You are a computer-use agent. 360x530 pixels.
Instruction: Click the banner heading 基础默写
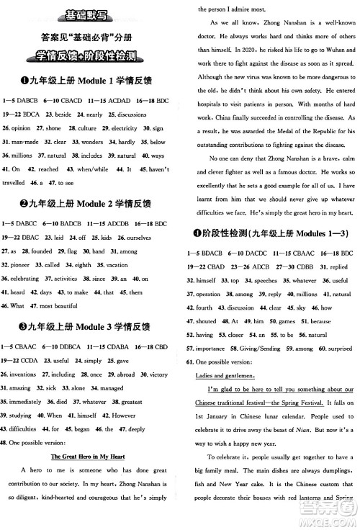(90, 14)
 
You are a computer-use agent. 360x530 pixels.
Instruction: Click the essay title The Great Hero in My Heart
(91, 457)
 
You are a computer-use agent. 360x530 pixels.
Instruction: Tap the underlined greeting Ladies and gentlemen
(222, 374)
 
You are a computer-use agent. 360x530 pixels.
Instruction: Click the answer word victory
(159, 374)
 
